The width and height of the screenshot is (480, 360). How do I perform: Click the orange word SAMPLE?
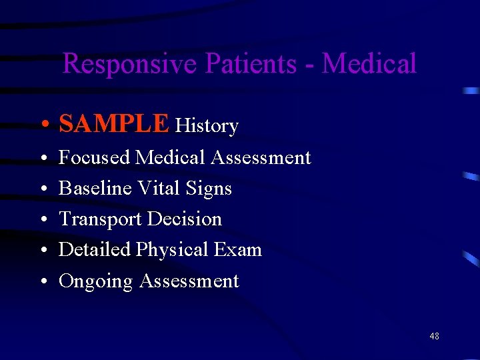[114, 124]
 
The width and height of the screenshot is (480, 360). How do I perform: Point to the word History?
[207, 126]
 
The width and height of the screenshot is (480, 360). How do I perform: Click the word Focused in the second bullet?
[94, 158]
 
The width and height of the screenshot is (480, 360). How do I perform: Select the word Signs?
[209, 189]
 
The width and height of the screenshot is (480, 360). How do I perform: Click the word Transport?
[100, 219]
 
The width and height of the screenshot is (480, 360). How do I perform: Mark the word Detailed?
[95, 250]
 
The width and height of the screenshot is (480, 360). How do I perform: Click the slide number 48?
[434, 337]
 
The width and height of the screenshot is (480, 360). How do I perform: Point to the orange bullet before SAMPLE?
[42, 125]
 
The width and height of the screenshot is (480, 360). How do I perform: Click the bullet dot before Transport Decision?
[42, 220]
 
